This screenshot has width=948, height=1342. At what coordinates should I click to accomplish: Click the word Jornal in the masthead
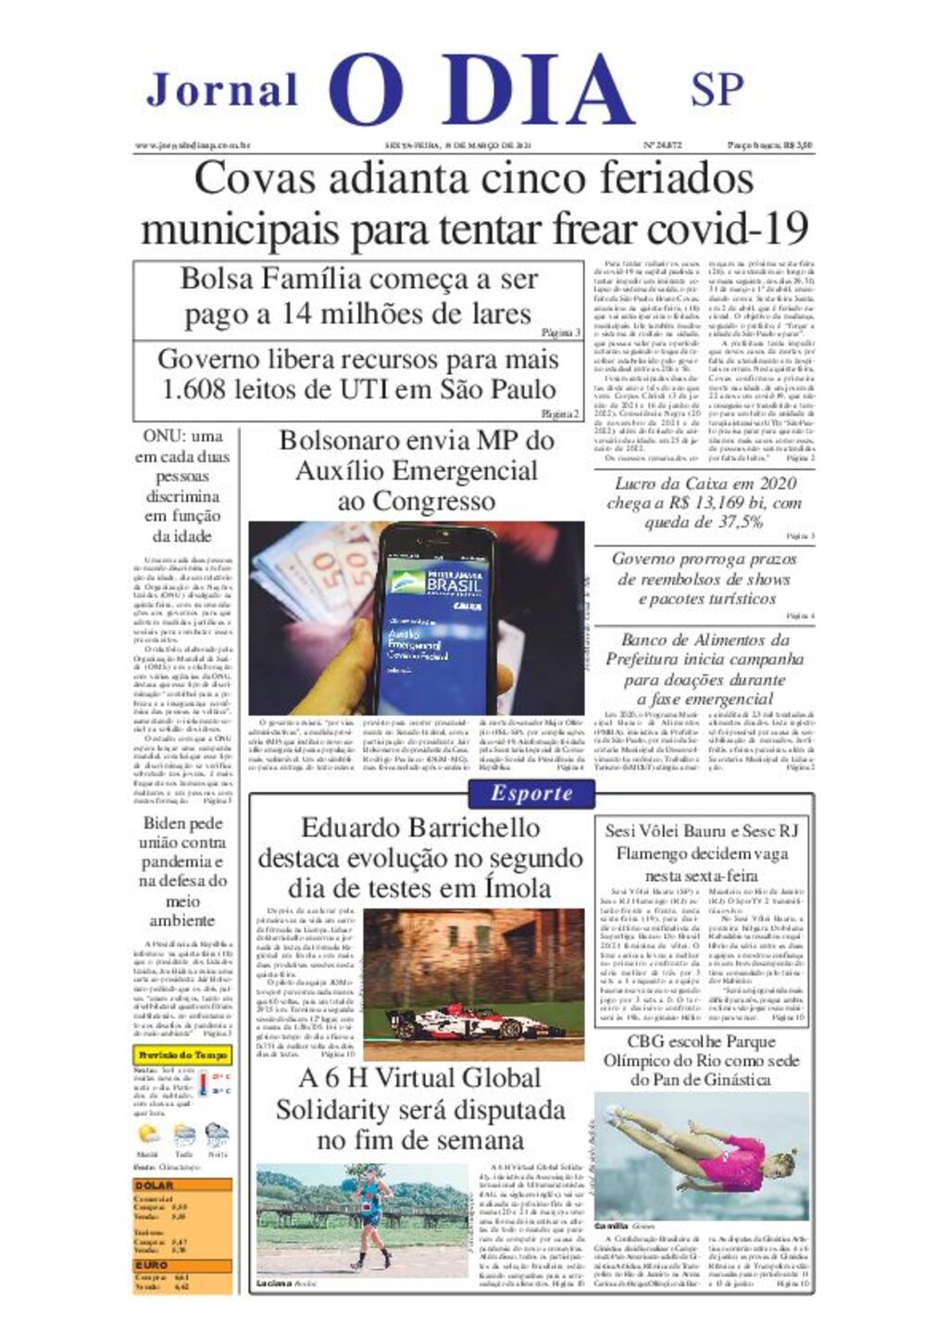222,90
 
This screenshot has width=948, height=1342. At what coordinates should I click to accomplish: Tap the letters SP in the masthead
717,89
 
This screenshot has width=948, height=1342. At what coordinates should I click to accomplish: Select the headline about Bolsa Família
358,296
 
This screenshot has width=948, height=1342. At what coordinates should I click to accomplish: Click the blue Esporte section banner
531,794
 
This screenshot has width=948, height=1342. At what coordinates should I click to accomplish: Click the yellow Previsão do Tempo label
182,1055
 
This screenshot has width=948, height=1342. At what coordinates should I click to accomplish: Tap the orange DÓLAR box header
182,1185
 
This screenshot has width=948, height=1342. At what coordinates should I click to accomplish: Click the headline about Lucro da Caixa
704,504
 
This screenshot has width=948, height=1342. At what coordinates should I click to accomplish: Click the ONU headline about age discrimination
182,486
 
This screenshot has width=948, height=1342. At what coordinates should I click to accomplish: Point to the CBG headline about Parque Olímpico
701,1060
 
